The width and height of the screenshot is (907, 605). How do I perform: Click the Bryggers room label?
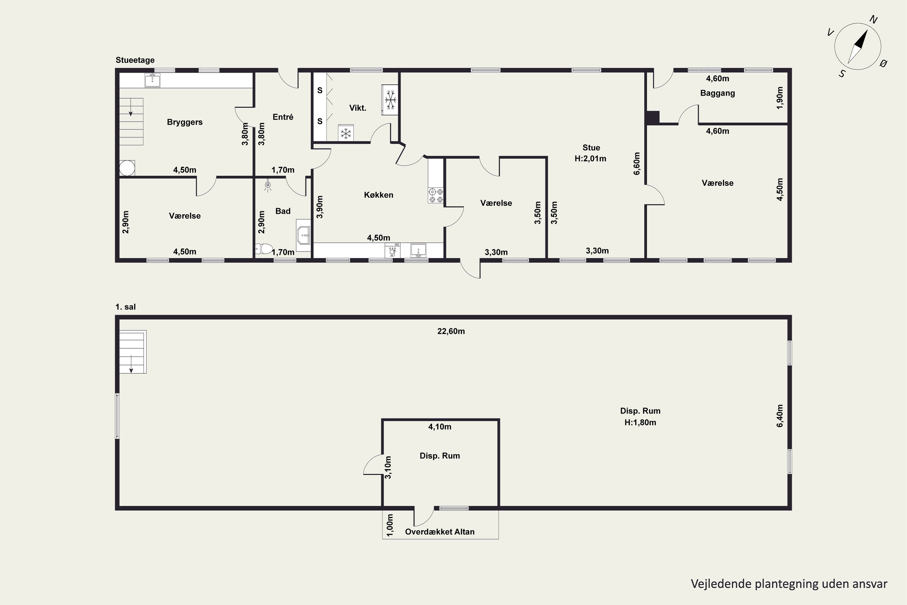185,122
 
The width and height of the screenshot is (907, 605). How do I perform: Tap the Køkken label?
379,195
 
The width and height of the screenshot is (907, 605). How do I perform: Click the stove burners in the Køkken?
435,195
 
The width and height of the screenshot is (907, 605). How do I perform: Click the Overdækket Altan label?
440,532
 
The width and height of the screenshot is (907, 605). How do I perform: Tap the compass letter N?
873,20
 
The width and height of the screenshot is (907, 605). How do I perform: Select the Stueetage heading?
135,60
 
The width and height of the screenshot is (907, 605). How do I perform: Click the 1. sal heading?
125,307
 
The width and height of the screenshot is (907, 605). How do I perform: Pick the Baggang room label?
718,93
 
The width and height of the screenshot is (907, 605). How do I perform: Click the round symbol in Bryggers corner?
127,168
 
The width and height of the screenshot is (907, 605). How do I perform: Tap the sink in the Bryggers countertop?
153,80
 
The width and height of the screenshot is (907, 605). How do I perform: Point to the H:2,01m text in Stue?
590,159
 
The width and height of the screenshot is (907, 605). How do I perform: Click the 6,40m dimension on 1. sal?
780,416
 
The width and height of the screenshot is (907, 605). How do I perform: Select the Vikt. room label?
358,108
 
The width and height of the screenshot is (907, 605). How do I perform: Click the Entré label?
283,117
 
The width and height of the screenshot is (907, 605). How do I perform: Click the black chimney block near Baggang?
653,117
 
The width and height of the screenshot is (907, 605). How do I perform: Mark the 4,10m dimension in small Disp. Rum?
440,427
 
